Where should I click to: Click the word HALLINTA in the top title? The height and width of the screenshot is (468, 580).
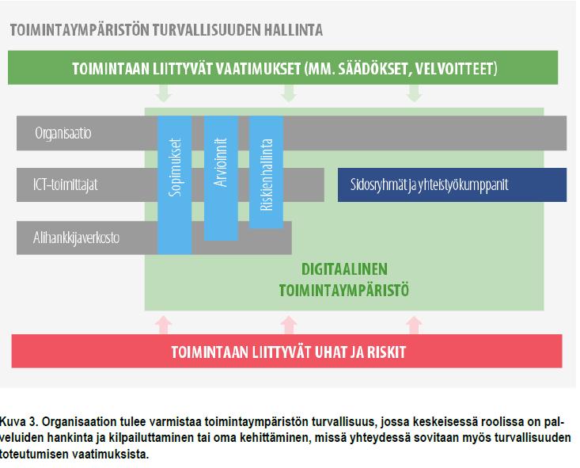point(294,30)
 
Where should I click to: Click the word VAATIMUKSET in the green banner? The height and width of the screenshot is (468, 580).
point(258,69)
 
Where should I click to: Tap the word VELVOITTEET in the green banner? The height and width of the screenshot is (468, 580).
point(456,69)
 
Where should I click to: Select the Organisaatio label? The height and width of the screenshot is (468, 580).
point(63,133)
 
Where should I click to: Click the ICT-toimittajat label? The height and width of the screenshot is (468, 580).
point(66,185)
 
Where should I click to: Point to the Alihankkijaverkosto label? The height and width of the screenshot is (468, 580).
point(76,238)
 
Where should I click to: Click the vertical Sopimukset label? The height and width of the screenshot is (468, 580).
point(175,167)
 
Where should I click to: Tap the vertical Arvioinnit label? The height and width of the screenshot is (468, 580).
point(221,162)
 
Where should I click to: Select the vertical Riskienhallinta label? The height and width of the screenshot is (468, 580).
point(267,175)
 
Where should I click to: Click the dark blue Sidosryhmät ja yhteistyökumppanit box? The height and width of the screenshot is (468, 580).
point(452,185)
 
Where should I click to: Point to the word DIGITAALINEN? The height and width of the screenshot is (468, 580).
point(344,269)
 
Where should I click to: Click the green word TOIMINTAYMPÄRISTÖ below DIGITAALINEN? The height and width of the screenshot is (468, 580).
point(344,291)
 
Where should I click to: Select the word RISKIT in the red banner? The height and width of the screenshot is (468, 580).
point(387,352)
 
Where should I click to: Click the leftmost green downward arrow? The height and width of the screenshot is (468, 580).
point(164,93)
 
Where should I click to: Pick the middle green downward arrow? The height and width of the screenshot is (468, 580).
point(289,93)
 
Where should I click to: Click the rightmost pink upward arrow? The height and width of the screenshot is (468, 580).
point(415,325)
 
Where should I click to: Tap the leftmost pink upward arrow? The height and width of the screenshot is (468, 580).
point(164,325)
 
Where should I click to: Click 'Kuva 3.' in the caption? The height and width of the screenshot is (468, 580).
point(19,422)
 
